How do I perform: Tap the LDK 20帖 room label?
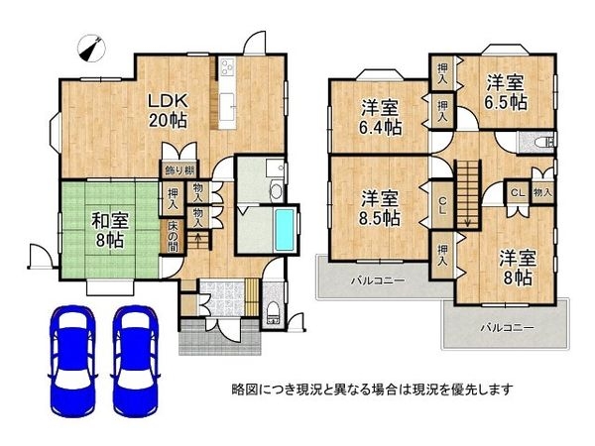click(169, 110)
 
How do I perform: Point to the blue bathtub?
click(284, 229)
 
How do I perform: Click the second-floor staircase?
click(466, 187)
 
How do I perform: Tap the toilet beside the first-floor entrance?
click(274, 316)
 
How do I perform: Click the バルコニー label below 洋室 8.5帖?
click(376, 280)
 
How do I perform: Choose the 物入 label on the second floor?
click(542, 192)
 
